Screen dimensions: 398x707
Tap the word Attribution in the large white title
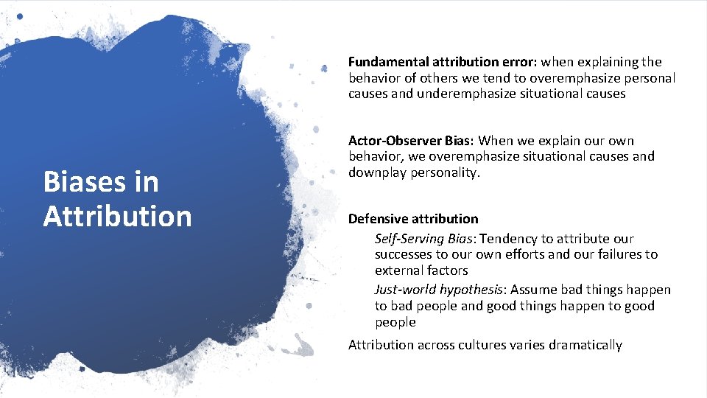(117, 216)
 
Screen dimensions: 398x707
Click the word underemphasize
(462, 94)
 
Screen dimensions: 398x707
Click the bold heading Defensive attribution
(413, 219)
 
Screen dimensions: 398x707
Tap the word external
(398, 270)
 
